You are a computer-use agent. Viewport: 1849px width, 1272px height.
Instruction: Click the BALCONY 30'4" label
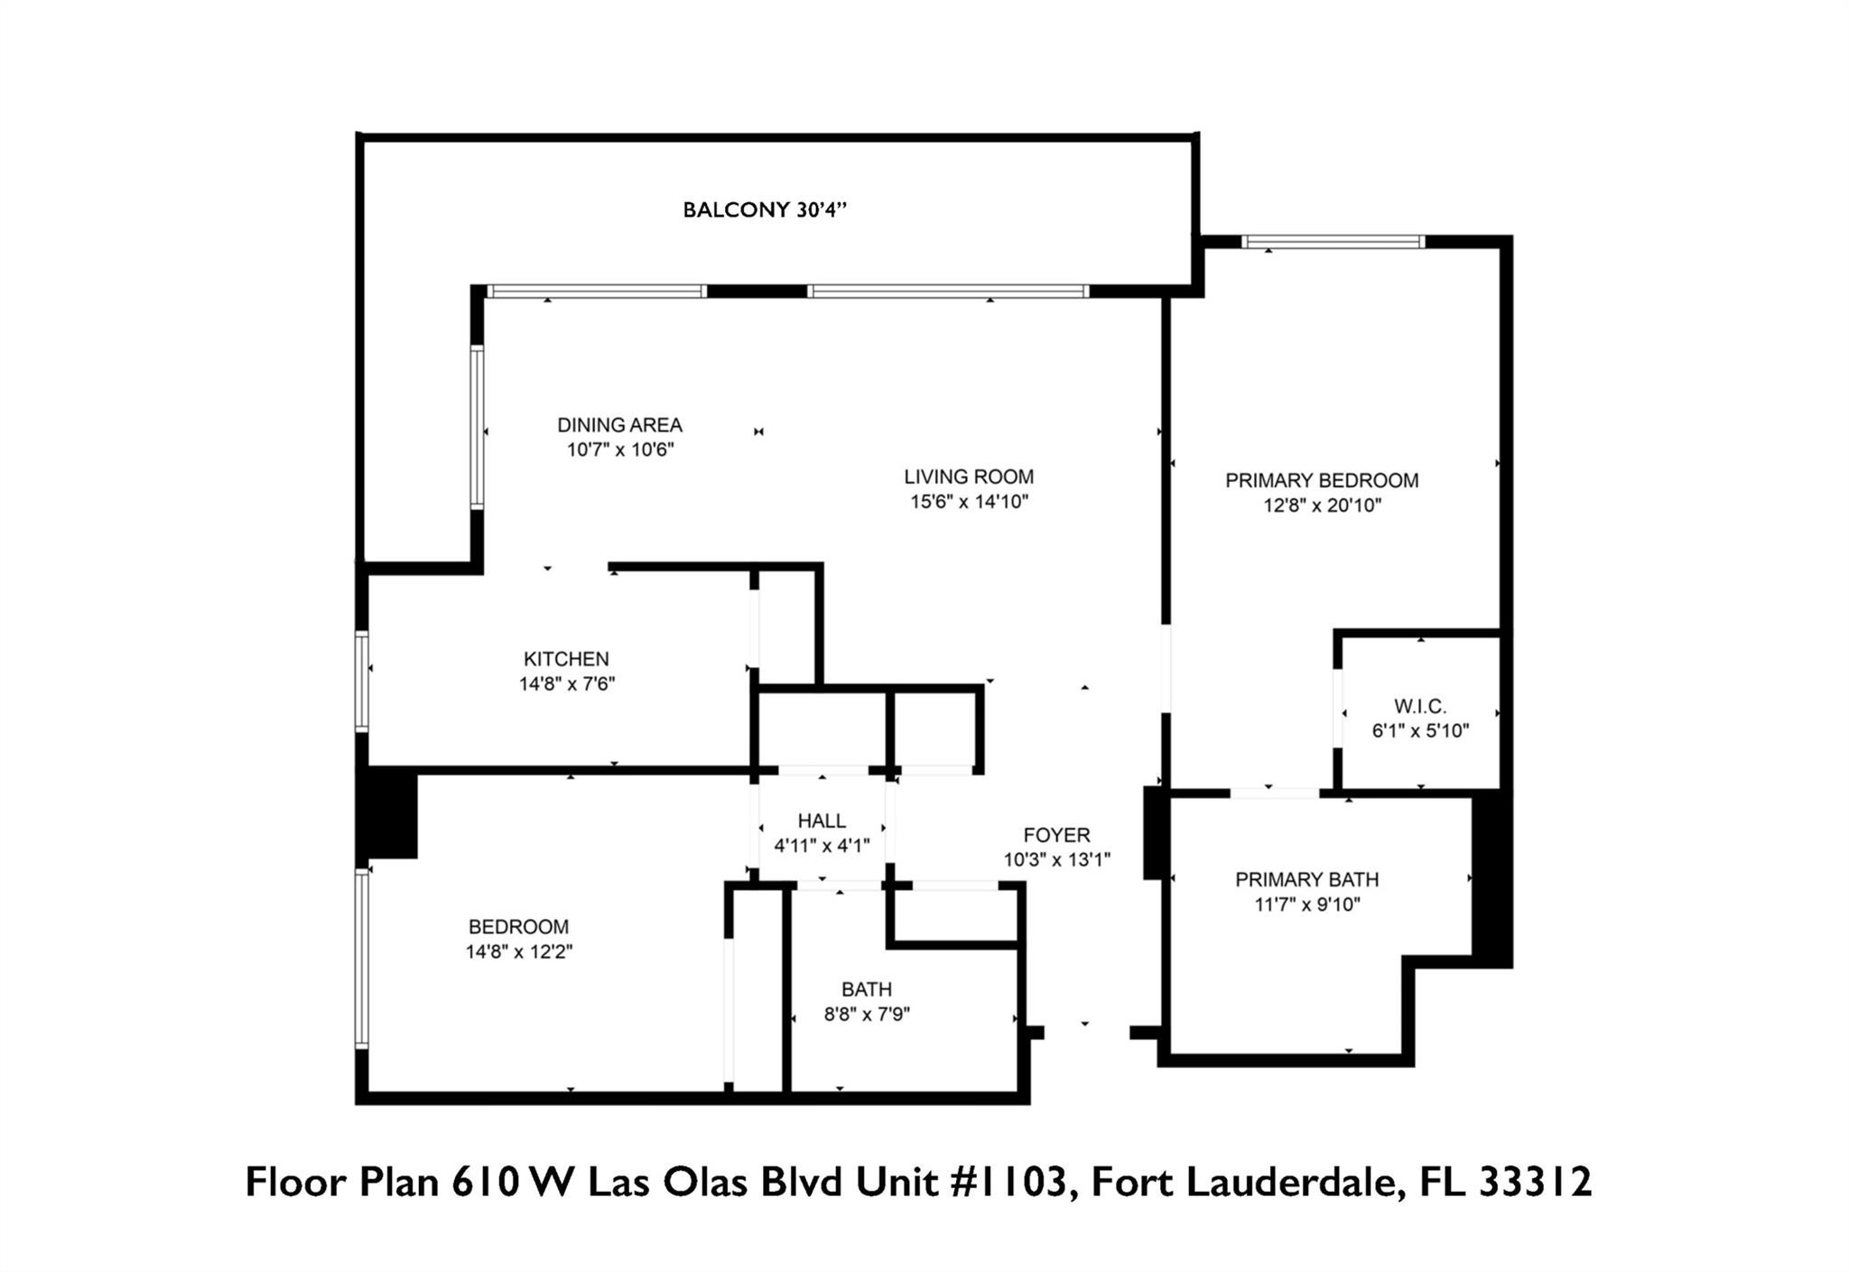[765, 210]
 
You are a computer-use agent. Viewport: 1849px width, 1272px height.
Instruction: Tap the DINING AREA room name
[619, 425]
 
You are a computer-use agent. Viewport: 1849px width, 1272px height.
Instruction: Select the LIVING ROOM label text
[969, 477]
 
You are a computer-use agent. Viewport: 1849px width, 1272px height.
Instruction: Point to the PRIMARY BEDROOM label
[1322, 480]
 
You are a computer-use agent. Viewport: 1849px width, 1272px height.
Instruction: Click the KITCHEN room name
[566, 659]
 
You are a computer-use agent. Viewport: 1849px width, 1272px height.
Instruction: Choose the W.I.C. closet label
[1420, 706]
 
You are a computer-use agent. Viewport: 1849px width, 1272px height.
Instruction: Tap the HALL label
[822, 821]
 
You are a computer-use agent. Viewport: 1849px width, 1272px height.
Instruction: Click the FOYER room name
[1056, 835]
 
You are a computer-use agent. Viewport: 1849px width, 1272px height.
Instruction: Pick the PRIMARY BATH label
[1306, 879]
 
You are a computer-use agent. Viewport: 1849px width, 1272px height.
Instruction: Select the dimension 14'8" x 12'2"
[519, 952]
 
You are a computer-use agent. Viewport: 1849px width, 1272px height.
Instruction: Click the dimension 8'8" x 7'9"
[867, 1015]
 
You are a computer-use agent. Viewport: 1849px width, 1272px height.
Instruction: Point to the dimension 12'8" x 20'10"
[1322, 506]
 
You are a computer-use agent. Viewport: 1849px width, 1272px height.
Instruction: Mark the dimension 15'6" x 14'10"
[969, 502]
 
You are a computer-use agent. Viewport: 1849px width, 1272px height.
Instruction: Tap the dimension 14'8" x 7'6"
[566, 684]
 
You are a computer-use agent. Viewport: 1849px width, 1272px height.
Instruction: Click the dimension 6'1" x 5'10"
[1420, 731]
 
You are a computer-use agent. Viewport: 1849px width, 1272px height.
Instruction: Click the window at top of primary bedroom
[1333, 242]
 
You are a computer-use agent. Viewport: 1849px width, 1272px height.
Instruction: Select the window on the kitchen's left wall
[362, 681]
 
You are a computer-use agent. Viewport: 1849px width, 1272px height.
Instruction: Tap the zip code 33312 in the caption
[1534, 1183]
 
